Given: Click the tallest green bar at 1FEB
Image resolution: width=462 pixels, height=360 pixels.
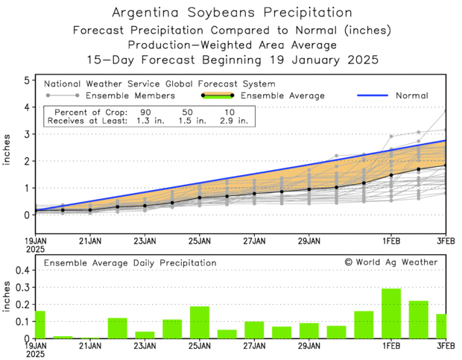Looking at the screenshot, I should pyautogui.click(x=391, y=314).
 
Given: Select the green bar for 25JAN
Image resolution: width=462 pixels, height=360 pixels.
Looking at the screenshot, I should pyautogui.click(x=199, y=323).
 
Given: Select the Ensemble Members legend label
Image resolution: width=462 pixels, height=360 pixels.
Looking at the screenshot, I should pyautogui.click(x=130, y=95).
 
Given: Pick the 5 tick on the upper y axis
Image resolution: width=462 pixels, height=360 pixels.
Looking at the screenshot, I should pyautogui.click(x=27, y=80).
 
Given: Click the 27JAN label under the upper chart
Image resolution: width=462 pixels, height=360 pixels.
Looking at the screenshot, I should pyautogui.click(x=254, y=240).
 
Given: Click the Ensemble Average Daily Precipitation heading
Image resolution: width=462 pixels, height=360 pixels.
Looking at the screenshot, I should pyautogui.click(x=130, y=262).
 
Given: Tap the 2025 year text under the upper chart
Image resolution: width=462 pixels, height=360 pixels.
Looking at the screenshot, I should pyautogui.click(x=37, y=250).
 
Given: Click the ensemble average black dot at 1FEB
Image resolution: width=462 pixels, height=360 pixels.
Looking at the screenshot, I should pyautogui.click(x=391, y=175).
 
